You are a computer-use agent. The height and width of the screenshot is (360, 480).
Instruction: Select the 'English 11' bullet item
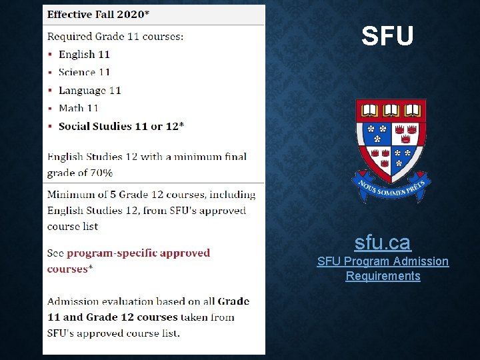[x=84, y=55]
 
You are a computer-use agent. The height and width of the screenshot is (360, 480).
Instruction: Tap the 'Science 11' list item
[x=84, y=72]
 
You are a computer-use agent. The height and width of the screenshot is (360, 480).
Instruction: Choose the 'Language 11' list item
[x=89, y=90]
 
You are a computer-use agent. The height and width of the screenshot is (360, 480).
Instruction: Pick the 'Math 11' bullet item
[x=79, y=108]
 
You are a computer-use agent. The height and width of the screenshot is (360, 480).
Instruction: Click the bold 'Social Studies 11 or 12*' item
[x=121, y=126]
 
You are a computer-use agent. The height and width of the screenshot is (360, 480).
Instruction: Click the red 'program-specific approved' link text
[x=138, y=253]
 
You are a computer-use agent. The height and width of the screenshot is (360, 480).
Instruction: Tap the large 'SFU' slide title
[x=387, y=37]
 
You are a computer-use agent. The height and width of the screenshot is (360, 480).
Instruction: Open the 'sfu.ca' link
[x=383, y=241]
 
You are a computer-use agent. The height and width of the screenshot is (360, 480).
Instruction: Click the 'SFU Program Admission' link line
[x=383, y=261]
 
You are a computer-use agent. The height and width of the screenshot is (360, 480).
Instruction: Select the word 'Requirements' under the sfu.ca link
[x=383, y=276]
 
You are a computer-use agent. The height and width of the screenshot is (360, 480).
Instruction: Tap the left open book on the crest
[x=371, y=109]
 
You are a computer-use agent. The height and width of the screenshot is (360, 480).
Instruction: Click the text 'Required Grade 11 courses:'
[x=115, y=37]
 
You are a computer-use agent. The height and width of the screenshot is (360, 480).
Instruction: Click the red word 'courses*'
[x=69, y=269]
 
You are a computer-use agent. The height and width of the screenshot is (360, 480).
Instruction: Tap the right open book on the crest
[x=411, y=109]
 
